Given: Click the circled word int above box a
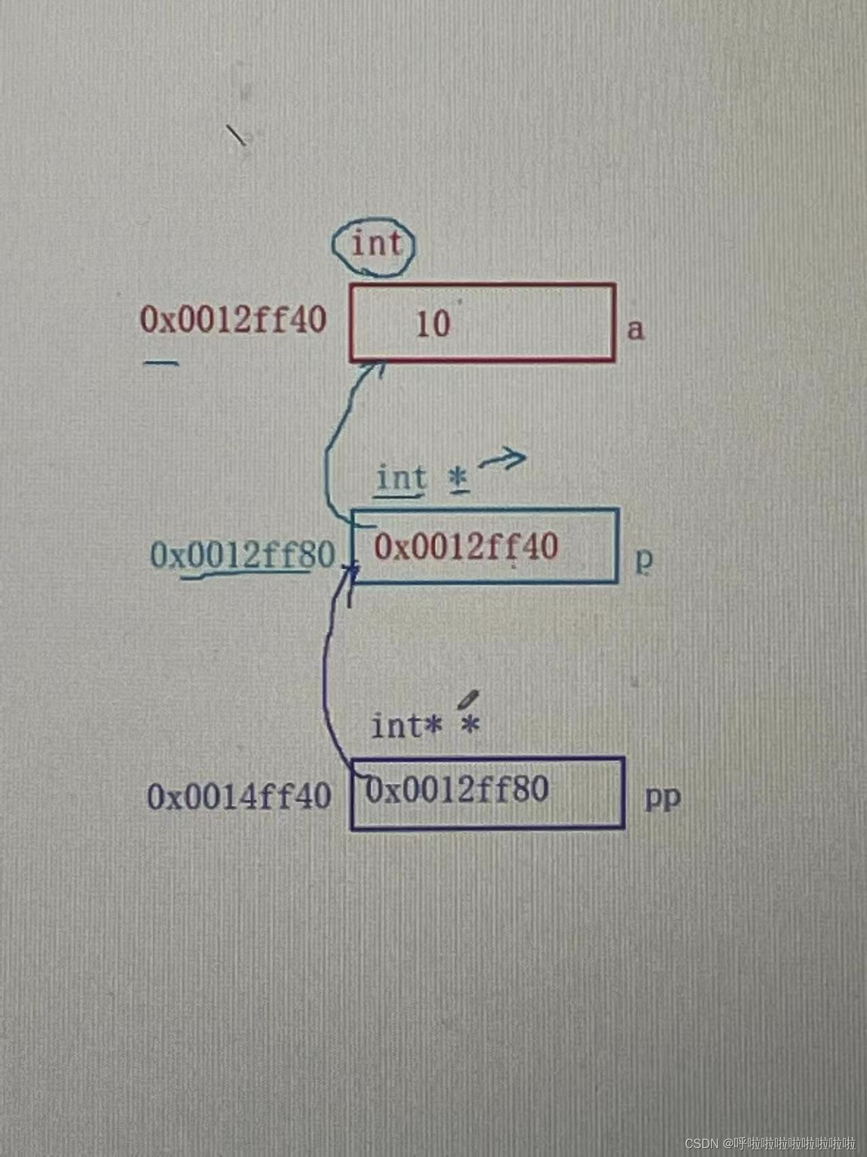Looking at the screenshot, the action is pyautogui.click(x=376, y=244).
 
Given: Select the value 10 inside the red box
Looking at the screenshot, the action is pyautogui.click(x=433, y=324).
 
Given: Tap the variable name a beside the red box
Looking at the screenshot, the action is pyautogui.click(x=635, y=329).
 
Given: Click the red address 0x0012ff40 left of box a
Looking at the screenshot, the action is pyautogui.click(x=233, y=319).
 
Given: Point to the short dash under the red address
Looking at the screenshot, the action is pyautogui.click(x=162, y=363).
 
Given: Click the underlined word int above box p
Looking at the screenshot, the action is pyautogui.click(x=401, y=478).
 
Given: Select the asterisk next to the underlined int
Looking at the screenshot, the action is pyautogui.click(x=459, y=478).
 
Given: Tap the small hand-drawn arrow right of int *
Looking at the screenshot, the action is pyautogui.click(x=503, y=460).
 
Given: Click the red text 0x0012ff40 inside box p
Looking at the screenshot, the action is pyautogui.click(x=466, y=546).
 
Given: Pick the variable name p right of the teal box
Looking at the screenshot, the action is pyautogui.click(x=643, y=559).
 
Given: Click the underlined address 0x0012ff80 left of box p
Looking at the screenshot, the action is pyautogui.click(x=243, y=555).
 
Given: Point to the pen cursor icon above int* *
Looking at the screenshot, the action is pyautogui.click(x=468, y=699).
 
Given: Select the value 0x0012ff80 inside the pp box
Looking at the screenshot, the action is pyautogui.click(x=457, y=790).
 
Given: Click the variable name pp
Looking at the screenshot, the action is pyautogui.click(x=662, y=797).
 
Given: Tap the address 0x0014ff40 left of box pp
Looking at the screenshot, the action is pyautogui.click(x=239, y=796).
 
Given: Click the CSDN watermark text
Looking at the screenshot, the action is pyautogui.click(x=770, y=1143).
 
